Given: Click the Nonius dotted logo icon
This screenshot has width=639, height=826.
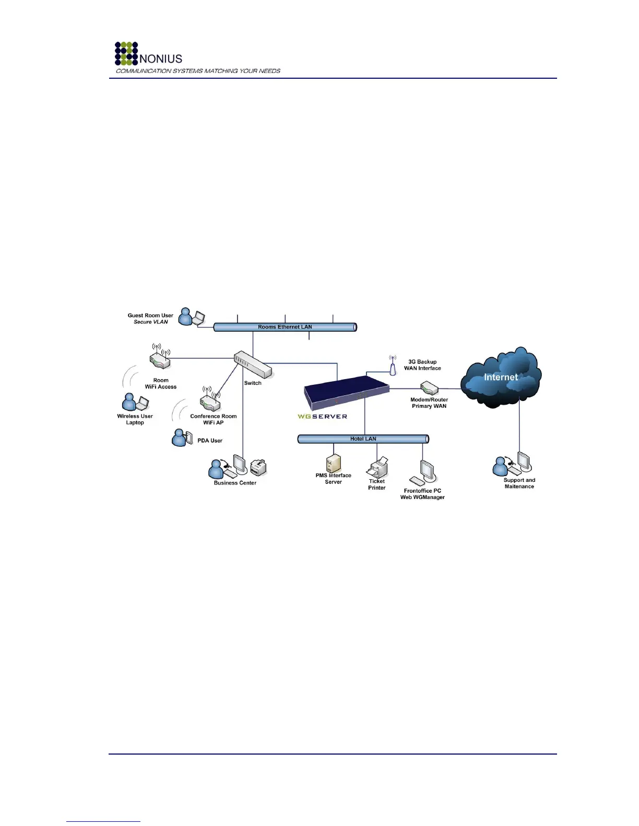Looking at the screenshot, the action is pos(126,53).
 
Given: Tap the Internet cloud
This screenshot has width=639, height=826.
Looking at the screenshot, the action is pos(500,378).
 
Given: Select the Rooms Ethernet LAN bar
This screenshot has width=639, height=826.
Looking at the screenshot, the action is pos(285,327).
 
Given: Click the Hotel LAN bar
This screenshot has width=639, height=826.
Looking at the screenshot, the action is pos(363,439).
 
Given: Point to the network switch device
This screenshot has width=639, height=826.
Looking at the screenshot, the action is pos(253,364).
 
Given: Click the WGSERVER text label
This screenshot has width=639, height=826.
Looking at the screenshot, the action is pos(322,417).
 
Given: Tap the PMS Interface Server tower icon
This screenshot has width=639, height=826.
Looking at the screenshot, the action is pos(333,463).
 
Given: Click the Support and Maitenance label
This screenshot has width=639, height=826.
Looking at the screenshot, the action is pos(519,483).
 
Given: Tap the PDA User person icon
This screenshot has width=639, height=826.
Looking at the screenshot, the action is pos(179,438).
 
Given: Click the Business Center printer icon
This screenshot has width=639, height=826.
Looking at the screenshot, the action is pos(258,467).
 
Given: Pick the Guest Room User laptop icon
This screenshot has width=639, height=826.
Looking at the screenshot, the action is pos(198,318).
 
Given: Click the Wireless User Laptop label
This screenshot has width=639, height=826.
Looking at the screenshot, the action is pos(135,419).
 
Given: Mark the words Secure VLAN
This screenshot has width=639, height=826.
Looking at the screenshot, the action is pos(150,322).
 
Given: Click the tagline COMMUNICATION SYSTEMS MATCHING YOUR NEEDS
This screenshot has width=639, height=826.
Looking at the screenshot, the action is pos(198,71).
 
